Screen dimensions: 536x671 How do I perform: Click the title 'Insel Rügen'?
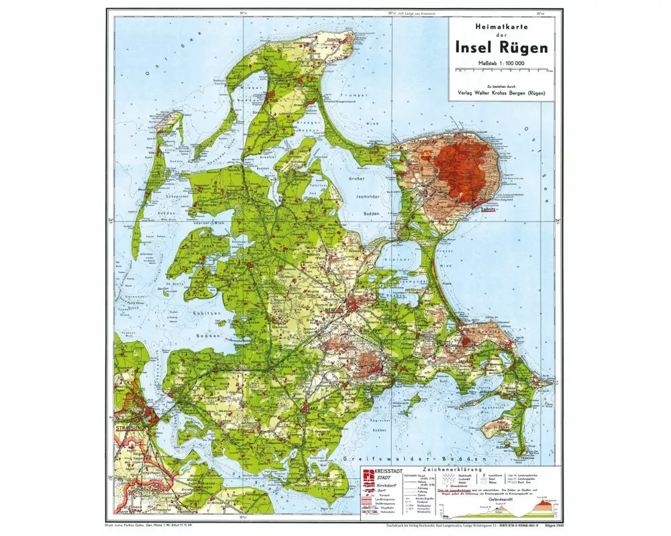coord(502,47)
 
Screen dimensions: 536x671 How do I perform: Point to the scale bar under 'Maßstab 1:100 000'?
coord(502,68)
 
